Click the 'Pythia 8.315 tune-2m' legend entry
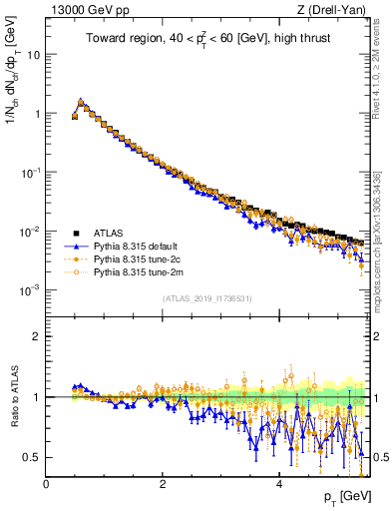tap(138, 270)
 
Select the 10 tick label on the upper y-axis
tap(32, 55)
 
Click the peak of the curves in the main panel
tap(81, 101)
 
